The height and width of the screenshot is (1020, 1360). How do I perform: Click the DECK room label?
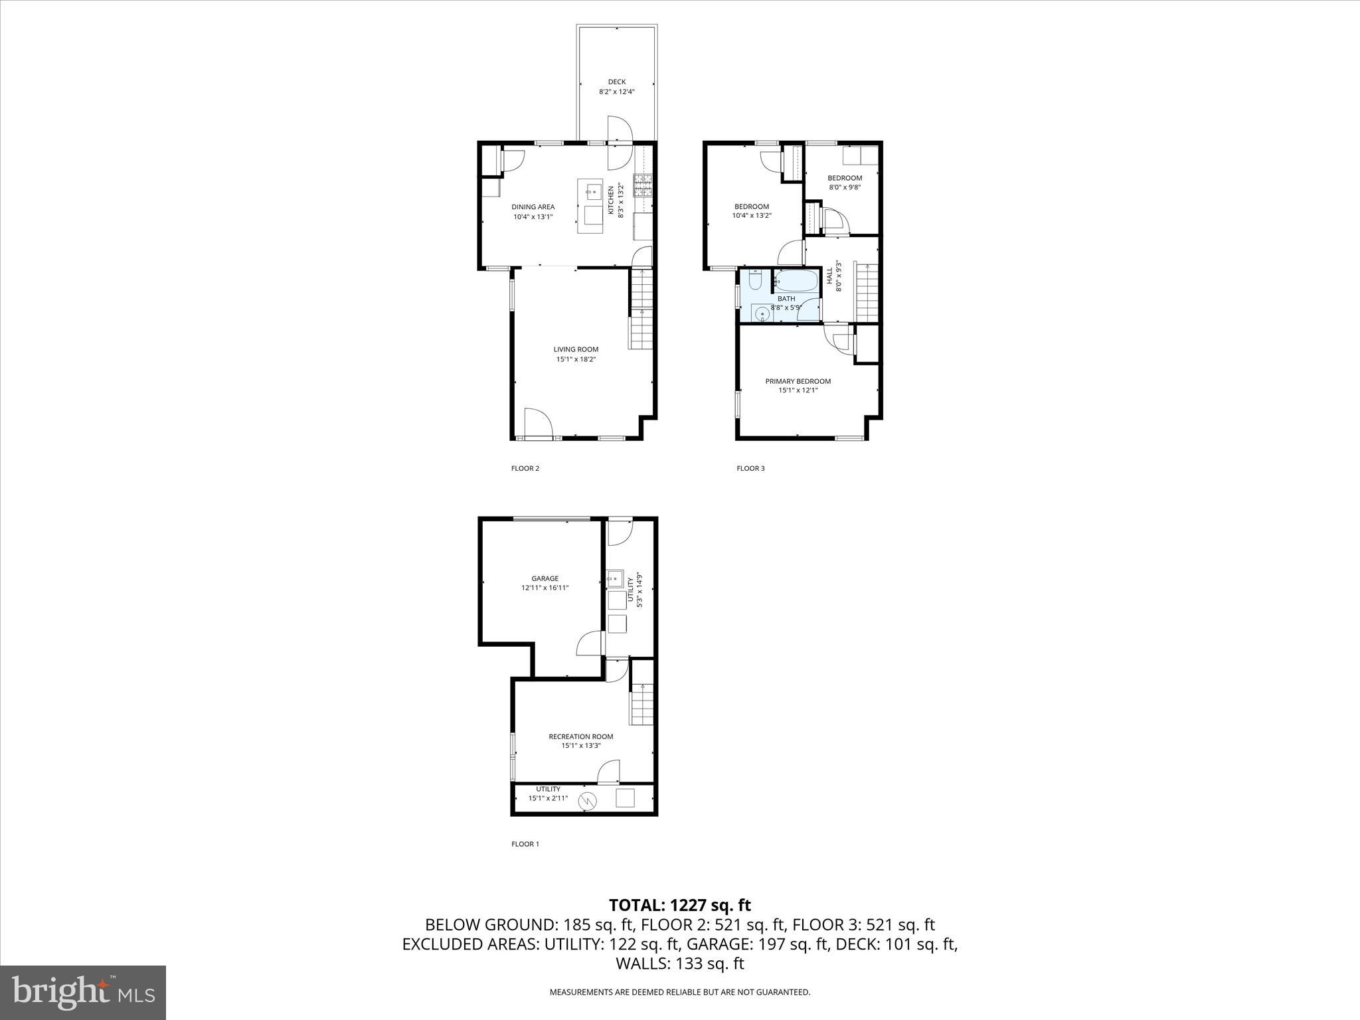pyautogui.click(x=616, y=82)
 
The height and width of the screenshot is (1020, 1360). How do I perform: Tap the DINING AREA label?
pyautogui.click(x=533, y=207)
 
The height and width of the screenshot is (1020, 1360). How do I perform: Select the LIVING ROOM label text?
pyautogui.click(x=576, y=349)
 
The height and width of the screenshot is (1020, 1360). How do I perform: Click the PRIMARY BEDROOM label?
pyautogui.click(x=798, y=381)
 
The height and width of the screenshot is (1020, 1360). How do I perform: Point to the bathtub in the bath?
pyautogui.click(x=796, y=282)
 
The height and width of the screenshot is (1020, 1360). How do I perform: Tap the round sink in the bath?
pyautogui.click(x=760, y=312)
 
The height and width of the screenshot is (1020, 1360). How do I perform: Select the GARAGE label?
pyautogui.click(x=545, y=578)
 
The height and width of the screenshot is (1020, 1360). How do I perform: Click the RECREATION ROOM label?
pyautogui.click(x=580, y=736)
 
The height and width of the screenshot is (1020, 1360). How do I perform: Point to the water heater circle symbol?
pyautogui.click(x=587, y=802)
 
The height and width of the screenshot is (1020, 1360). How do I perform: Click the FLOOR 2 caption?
pyautogui.click(x=525, y=468)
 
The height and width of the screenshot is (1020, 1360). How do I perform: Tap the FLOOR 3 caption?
pyautogui.click(x=750, y=468)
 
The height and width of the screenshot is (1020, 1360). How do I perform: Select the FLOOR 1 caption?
pyautogui.click(x=525, y=844)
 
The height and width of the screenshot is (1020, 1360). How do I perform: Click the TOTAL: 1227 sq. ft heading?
pyautogui.click(x=679, y=905)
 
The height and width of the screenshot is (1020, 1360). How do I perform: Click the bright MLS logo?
pyautogui.click(x=83, y=992)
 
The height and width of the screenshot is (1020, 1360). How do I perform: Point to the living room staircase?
pyautogui.click(x=641, y=309)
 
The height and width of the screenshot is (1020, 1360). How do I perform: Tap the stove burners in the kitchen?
pyautogui.click(x=643, y=186)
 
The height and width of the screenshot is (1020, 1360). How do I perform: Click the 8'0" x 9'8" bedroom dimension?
pyautogui.click(x=844, y=187)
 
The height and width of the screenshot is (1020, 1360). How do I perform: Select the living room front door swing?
pyautogui.click(x=538, y=422)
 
